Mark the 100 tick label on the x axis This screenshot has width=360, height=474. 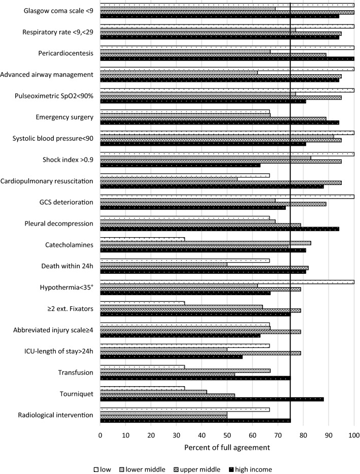(x=354, y=435)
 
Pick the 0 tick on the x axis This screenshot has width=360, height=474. (x=101, y=435)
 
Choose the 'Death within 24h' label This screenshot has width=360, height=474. (x=67, y=266)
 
